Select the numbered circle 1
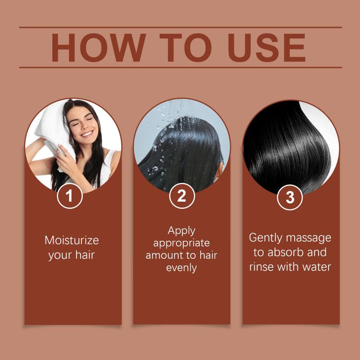click(x=70, y=196)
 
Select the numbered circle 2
click(x=182, y=196)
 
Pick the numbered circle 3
click(x=290, y=197)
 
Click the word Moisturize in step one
click(x=72, y=240)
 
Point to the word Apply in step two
click(x=181, y=231)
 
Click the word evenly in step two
click(x=181, y=268)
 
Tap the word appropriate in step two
click(x=181, y=243)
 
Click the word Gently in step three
click(x=265, y=238)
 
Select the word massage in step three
click(x=308, y=238)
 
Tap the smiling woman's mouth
click(x=87, y=134)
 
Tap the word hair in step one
click(x=85, y=255)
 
